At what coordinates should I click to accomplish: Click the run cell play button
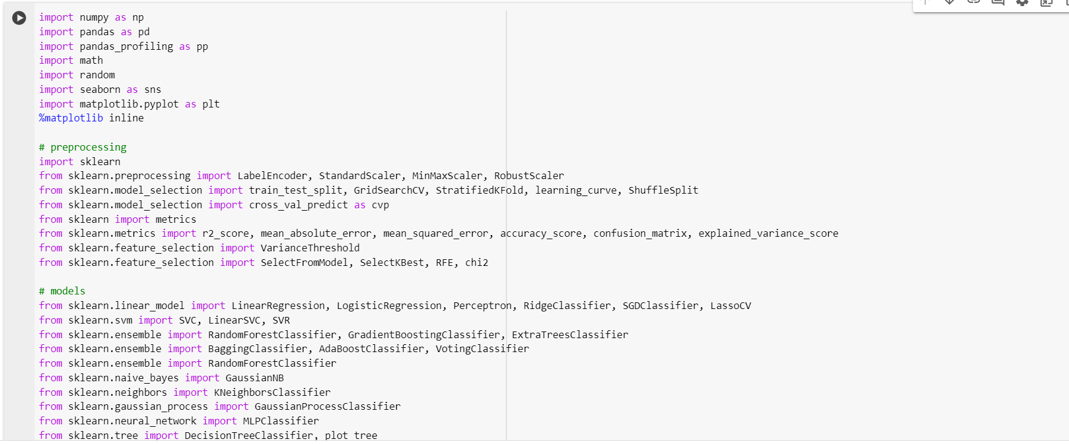click(19, 18)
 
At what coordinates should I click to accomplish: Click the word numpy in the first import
click(94, 18)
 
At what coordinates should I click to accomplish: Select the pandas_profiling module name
click(126, 47)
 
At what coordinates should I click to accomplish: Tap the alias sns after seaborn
click(153, 90)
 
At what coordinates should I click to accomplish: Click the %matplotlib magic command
click(71, 118)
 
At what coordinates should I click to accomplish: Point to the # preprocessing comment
click(83, 148)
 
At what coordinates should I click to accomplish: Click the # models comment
click(62, 291)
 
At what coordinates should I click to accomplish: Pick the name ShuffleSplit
click(663, 191)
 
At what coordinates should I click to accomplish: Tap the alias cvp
click(380, 205)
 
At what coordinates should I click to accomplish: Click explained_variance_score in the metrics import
click(768, 234)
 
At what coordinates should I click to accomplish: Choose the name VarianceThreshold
click(310, 248)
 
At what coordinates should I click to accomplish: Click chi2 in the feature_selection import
click(477, 263)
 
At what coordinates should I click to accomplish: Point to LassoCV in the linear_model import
click(730, 306)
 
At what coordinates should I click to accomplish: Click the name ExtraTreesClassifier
click(570, 335)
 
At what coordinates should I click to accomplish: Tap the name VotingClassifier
click(482, 349)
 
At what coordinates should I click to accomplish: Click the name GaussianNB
click(254, 378)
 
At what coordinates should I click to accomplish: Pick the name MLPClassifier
click(281, 421)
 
